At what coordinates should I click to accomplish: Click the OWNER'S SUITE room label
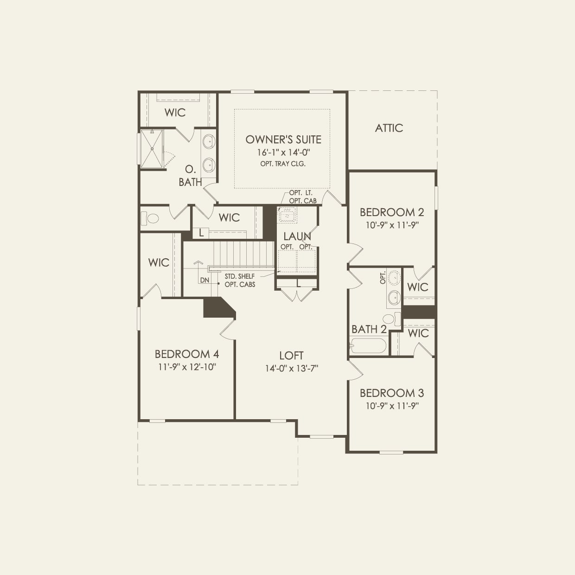[283, 139]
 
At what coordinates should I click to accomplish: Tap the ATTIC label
[389, 128]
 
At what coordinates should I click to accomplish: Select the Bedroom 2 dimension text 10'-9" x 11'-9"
[392, 225]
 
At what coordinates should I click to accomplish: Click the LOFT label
[291, 356]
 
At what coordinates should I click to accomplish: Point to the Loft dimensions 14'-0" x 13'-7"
[291, 368]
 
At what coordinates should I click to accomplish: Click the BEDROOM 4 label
[187, 354]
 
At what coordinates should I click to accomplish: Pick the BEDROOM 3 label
[392, 393]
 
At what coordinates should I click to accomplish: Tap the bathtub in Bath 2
[368, 346]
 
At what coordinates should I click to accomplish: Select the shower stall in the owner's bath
[152, 148]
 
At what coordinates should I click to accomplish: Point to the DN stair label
[205, 280]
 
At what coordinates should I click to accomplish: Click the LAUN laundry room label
[297, 236]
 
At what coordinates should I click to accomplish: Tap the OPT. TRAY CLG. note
[283, 164]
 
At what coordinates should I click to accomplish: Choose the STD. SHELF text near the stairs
[239, 276]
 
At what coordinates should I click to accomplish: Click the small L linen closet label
[201, 233]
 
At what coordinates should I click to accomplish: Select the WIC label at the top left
[175, 112]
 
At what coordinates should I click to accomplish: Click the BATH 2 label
[369, 329]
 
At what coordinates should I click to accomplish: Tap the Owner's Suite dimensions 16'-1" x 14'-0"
[283, 152]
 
